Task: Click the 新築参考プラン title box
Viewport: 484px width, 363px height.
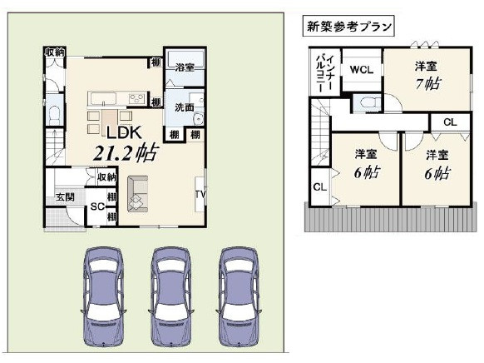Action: click(348, 27)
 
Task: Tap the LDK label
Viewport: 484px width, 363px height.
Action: click(124, 132)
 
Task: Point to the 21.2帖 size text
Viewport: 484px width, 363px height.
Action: click(126, 152)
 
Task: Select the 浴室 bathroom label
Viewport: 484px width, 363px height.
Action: click(185, 67)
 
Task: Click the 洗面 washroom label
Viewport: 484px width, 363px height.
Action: click(185, 107)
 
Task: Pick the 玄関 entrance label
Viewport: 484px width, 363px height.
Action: click(66, 196)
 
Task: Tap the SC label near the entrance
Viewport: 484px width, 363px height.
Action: click(97, 206)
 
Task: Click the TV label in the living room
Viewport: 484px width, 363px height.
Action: click(200, 195)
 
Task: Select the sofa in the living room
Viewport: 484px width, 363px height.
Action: click(138, 194)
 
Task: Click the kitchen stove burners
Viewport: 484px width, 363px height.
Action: click(137, 98)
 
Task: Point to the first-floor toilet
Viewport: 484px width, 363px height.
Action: click(55, 115)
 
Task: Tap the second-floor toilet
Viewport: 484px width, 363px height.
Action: click(368, 102)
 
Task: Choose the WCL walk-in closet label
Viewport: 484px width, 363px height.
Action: click(362, 70)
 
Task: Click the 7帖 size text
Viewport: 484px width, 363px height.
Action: click(428, 83)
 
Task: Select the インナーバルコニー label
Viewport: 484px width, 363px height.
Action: click(324, 72)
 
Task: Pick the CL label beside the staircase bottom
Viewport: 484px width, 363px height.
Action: click(320, 186)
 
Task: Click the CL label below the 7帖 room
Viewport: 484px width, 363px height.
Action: click(450, 122)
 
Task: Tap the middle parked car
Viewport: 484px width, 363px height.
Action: click(171, 296)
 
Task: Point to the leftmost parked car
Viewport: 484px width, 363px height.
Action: click(103, 296)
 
